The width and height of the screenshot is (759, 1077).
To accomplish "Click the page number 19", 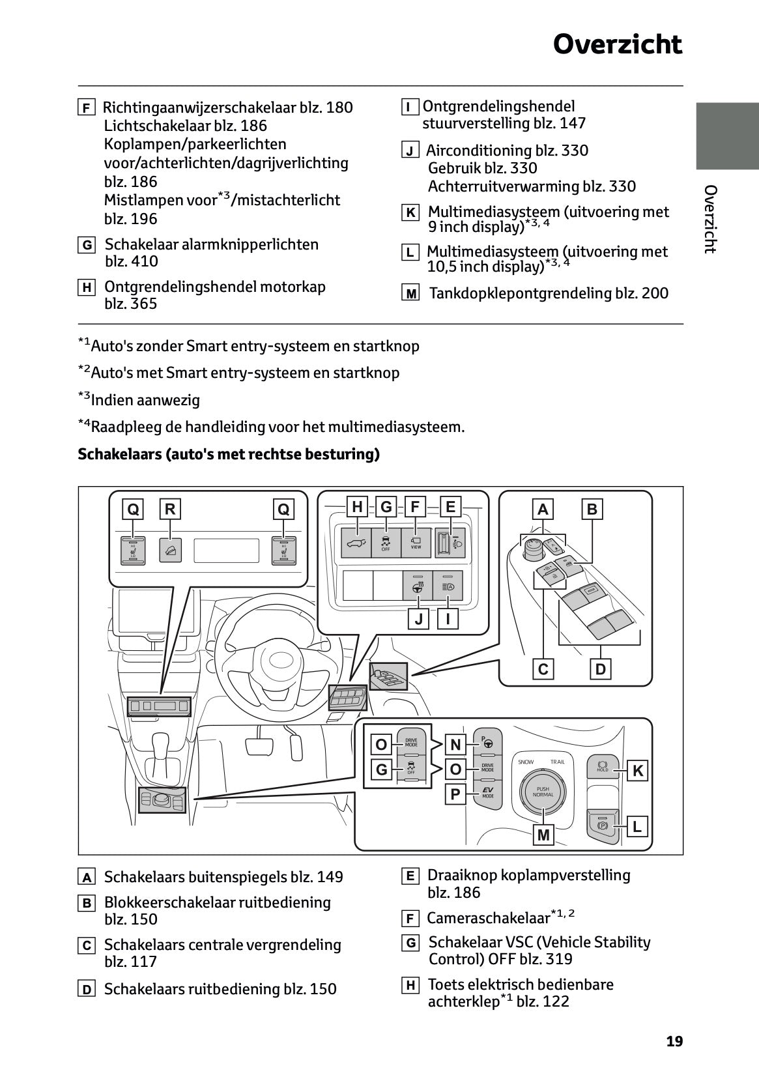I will tap(674, 1041).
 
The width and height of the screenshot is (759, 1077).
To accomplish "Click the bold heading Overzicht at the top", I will tap(617, 44).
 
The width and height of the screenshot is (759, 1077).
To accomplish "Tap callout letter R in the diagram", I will tap(170, 509).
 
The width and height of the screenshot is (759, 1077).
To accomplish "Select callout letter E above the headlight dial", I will tap(450, 507).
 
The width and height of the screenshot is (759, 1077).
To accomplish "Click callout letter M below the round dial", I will tap(543, 835).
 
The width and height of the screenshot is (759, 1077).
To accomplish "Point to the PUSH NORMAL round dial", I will tap(543, 791).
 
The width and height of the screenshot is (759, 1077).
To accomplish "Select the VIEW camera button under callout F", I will tap(416, 543).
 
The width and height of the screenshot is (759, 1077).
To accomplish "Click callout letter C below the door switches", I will tap(543, 669).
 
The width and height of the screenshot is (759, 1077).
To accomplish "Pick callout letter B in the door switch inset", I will tap(592, 509).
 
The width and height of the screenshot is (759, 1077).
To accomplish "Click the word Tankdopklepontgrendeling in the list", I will tap(520, 293).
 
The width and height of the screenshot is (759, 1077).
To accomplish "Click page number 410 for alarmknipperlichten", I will tap(143, 262).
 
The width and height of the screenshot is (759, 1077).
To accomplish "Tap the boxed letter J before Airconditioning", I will tap(410, 151).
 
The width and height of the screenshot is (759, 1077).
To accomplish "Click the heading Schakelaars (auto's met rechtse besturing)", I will tap(228, 454).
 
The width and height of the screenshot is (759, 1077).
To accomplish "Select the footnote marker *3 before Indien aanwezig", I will tap(84, 397).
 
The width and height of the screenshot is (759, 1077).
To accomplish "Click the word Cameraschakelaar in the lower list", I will tap(488, 918).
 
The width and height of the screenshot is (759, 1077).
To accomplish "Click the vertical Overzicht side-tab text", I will tap(710, 219).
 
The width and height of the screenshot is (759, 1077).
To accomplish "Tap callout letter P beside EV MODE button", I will tap(455, 795).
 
